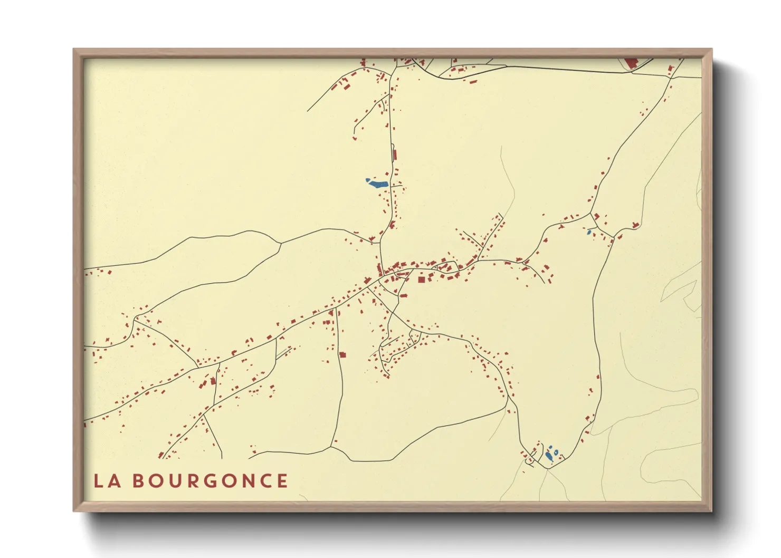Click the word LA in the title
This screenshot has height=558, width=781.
[x=107, y=480]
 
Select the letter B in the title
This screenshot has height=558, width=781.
[x=138, y=480]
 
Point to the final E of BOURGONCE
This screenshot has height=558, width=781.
[x=282, y=480]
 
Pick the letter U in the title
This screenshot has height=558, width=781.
[x=175, y=480]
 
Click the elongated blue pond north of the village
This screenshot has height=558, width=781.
[x=378, y=184]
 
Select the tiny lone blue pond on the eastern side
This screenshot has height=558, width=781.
[x=589, y=232]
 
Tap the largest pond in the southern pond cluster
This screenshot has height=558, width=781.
[x=549, y=456]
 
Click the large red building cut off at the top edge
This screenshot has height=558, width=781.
[x=631, y=63]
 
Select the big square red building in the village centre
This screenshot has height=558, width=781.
[x=422, y=279]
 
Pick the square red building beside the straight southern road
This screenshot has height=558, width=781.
[x=342, y=355]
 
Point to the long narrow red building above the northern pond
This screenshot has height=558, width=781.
[x=395, y=155]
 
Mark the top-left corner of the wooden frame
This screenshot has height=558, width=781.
[x=74, y=50]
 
